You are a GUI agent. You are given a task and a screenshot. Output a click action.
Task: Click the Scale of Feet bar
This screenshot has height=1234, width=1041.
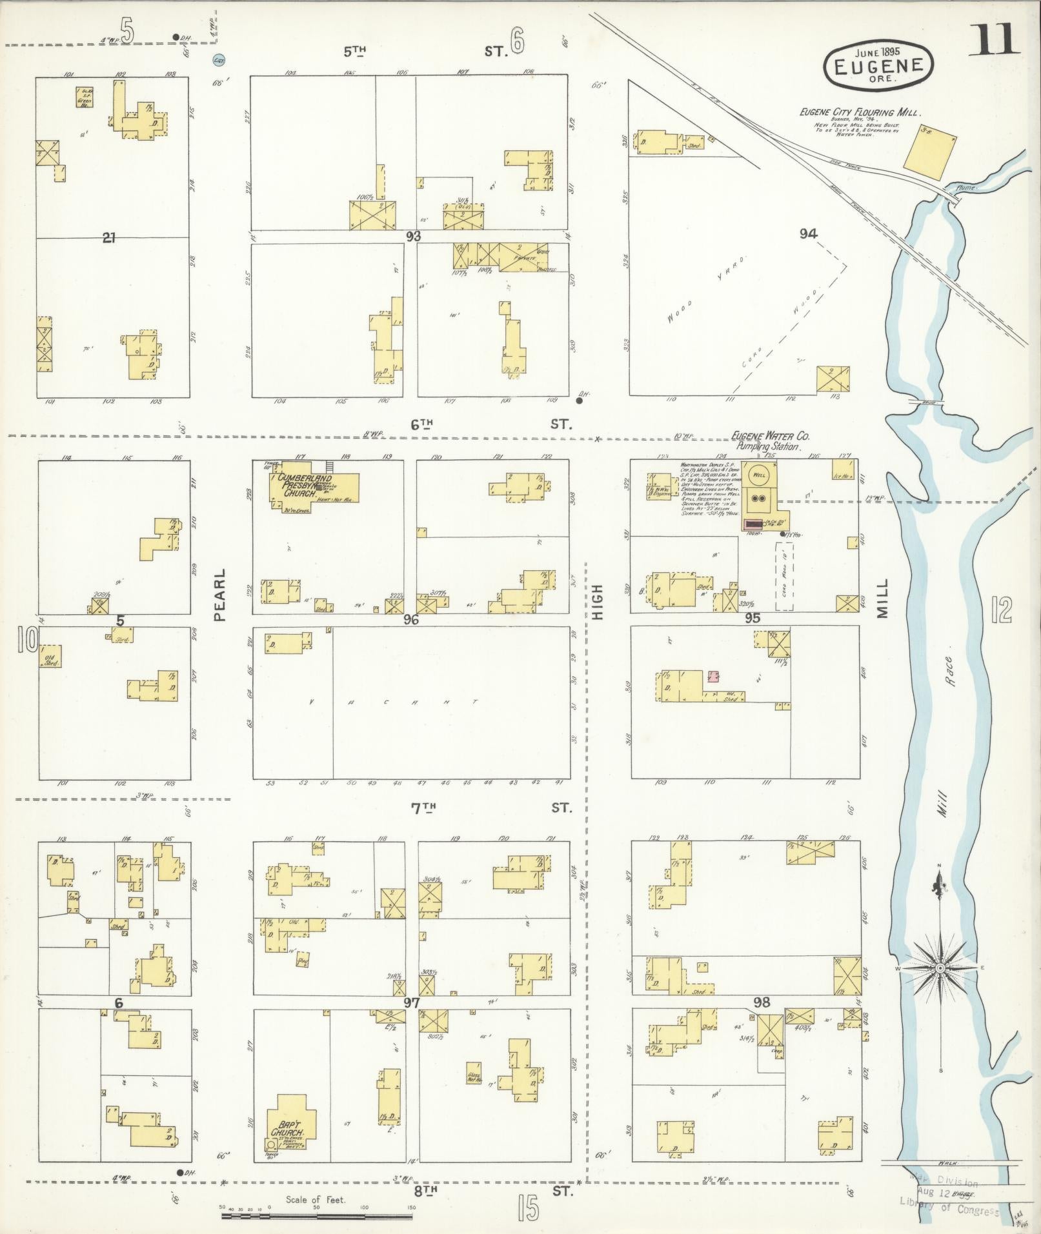[x=316, y=1216]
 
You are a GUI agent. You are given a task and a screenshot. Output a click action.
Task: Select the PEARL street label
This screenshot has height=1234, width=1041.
[x=220, y=595]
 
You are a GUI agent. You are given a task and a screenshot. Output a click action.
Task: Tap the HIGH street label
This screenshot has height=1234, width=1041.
[x=597, y=601]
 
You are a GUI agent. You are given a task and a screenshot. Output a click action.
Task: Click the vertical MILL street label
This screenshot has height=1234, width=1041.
[x=882, y=597]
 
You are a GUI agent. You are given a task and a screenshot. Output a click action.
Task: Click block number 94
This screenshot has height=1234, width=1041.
[x=808, y=234]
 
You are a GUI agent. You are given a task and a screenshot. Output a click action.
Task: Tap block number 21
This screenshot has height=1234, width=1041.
[x=108, y=238]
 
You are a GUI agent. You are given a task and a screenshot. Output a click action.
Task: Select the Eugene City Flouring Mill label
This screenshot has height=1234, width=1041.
[x=860, y=112]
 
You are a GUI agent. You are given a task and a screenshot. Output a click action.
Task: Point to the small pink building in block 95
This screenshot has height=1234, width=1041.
[x=713, y=676]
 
